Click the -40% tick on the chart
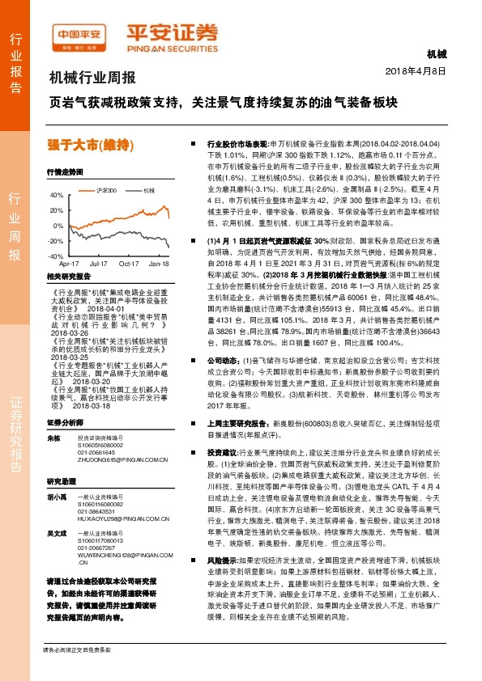[56, 255]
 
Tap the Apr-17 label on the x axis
[70, 264]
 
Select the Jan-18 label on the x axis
[159, 264]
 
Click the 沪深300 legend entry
[102, 190]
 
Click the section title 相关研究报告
[68, 276]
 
